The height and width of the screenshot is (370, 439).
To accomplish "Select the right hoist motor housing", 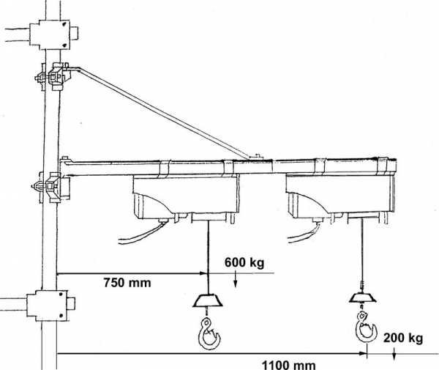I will pos(339,198).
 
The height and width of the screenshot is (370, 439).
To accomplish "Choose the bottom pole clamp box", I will pos(48,303).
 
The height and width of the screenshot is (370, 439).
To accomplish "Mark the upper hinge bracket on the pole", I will pos(51,76).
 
